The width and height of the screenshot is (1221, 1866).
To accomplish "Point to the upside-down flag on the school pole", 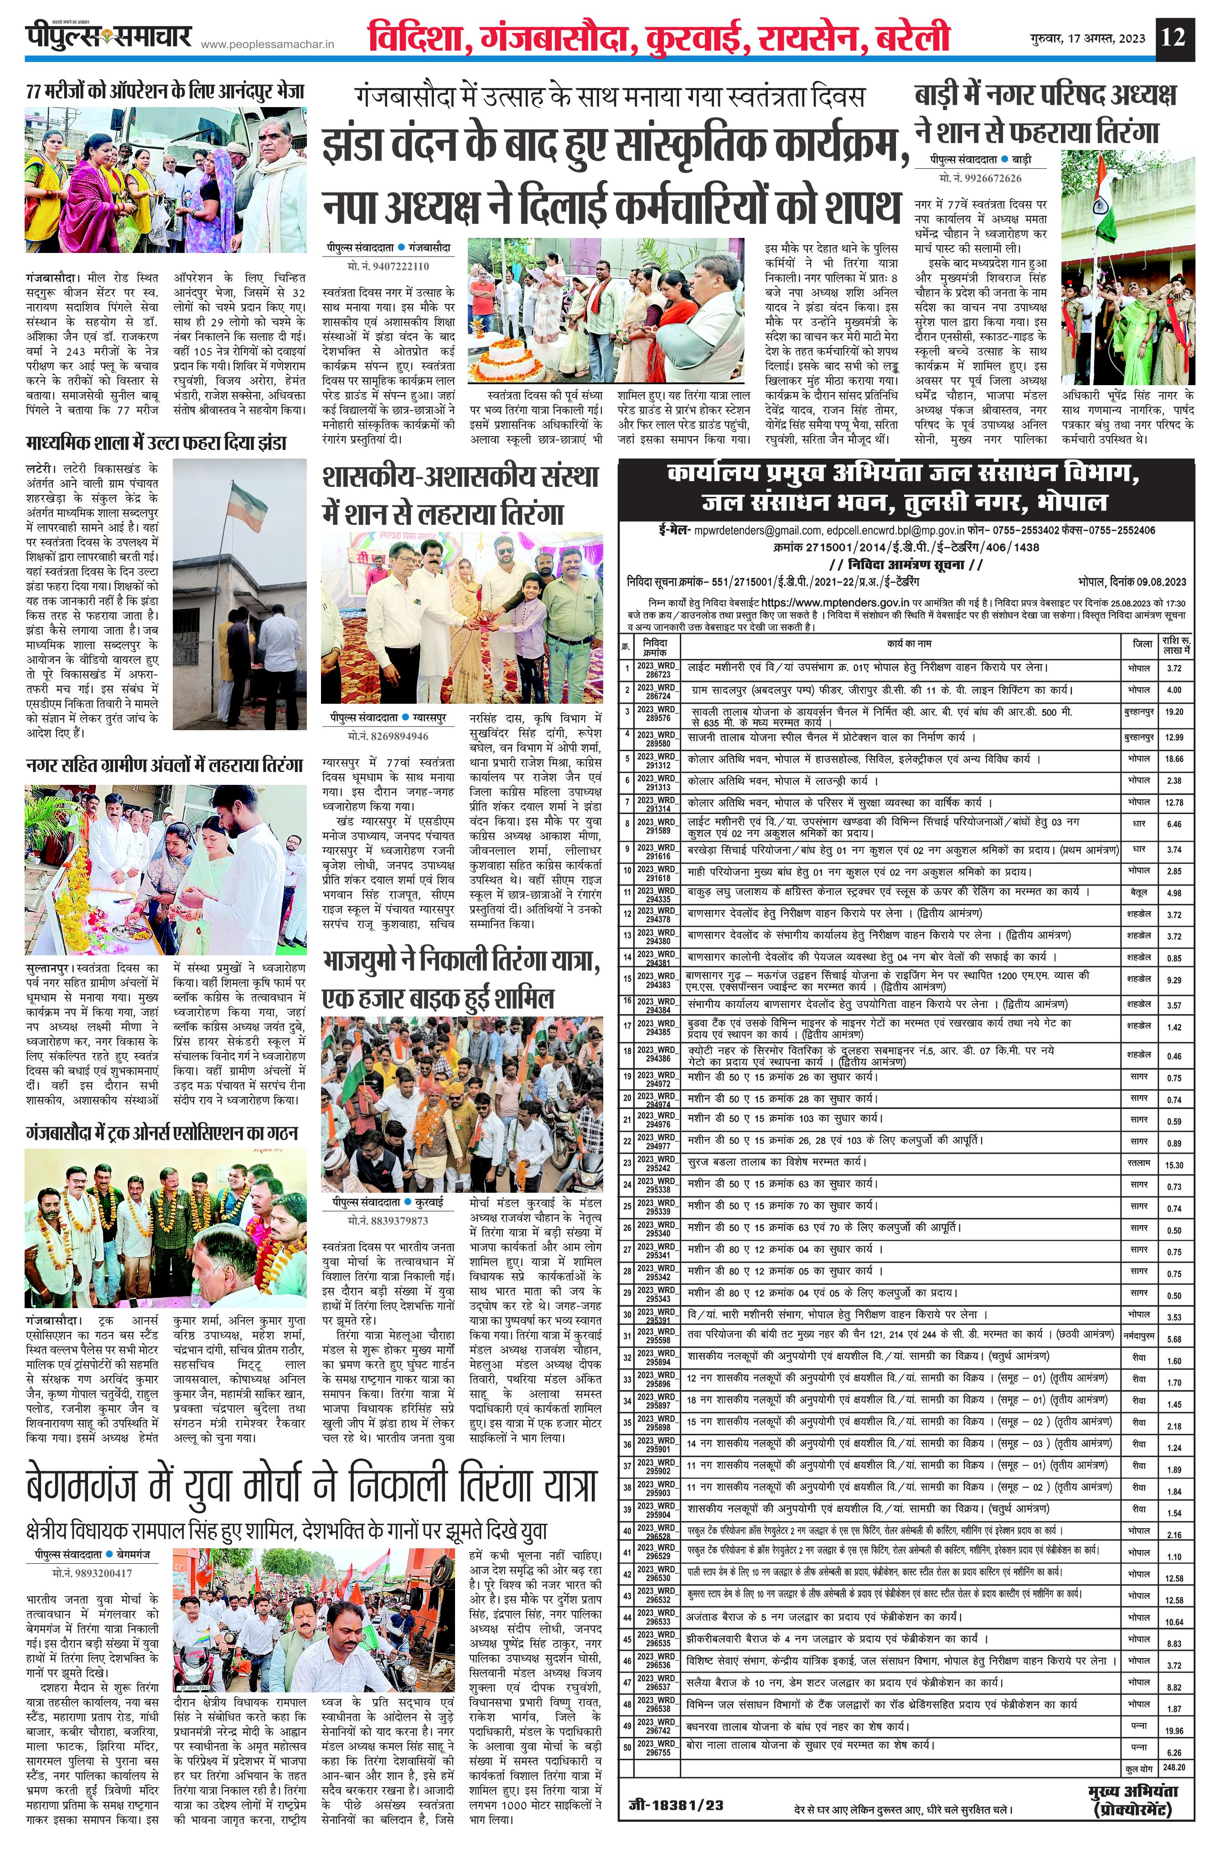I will (x=245, y=499).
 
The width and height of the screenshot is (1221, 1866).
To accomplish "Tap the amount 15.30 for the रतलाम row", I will (x=1174, y=1165).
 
